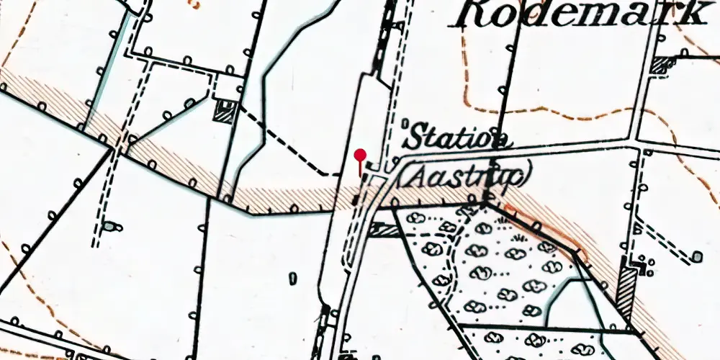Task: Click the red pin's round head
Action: pos(361,154)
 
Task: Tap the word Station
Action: pos(458,138)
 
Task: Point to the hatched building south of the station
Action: pos(383,230)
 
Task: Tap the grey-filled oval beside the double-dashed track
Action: pos(109,227)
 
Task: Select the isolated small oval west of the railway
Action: pos(293,277)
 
